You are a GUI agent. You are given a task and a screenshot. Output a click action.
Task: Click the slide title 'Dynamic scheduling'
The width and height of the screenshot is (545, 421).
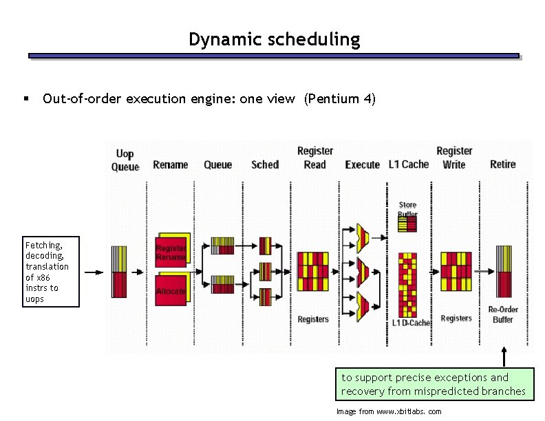coord(274,39)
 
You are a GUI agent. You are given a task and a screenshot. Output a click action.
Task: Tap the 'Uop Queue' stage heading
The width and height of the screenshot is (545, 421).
coord(125,160)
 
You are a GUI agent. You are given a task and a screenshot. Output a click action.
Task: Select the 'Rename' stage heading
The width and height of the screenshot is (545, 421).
coord(170,164)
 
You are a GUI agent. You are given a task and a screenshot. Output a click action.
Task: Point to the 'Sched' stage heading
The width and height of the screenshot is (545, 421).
coord(265,164)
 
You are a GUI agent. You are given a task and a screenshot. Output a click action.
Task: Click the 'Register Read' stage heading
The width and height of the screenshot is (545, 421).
coord(315,158)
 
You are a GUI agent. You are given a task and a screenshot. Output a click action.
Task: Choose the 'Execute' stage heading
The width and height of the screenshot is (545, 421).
coord(362,164)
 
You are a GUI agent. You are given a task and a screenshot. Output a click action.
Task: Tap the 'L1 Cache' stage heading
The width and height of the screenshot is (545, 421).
coord(408,164)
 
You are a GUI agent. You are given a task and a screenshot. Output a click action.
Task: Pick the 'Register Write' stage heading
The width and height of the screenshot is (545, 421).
coord(454,158)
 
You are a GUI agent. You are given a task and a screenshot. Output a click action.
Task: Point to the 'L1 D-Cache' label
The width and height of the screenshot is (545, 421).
coord(412,323)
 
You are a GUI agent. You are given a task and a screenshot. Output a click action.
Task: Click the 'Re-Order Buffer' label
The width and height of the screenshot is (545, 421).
coord(503,314)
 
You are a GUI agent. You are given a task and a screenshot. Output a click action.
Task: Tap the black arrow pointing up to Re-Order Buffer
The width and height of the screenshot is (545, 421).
coord(504,357)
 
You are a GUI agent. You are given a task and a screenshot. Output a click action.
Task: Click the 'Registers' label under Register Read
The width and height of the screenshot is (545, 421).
coord(313,319)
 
